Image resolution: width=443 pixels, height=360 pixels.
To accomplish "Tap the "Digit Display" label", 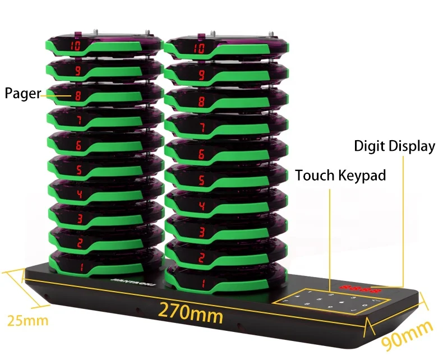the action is (394, 146).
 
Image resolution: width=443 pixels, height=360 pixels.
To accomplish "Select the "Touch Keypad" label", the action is (340, 176).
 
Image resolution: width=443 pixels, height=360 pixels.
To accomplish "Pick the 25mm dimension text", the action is (27, 321).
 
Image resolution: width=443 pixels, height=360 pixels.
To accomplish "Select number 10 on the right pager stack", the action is (199, 48).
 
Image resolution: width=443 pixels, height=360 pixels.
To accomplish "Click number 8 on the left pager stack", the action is (78, 96).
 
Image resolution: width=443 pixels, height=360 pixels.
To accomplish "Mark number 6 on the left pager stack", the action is (79, 145).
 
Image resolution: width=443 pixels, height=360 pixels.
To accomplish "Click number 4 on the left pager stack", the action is (79, 194).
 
